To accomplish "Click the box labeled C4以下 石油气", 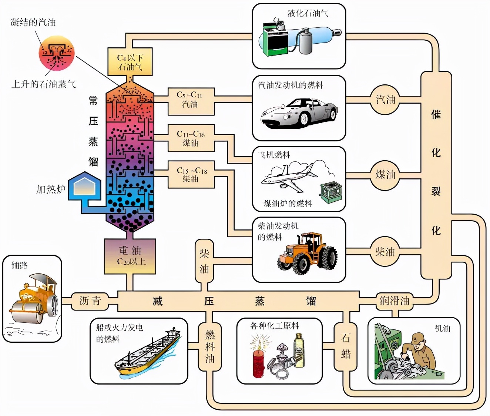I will click(x=130, y=62).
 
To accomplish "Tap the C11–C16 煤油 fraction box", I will click(x=191, y=138).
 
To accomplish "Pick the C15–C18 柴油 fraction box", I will click(x=191, y=174).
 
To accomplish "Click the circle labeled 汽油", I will click(x=385, y=100).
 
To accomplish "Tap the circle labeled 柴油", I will click(x=385, y=252).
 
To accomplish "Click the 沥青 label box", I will click(x=90, y=301).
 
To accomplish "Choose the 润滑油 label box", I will click(x=395, y=301).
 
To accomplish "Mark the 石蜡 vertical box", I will click(x=346, y=346).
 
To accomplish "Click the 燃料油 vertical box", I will click(x=210, y=346).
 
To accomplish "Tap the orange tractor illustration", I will click(x=307, y=254).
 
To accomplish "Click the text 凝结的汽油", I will click(x=33, y=22).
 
